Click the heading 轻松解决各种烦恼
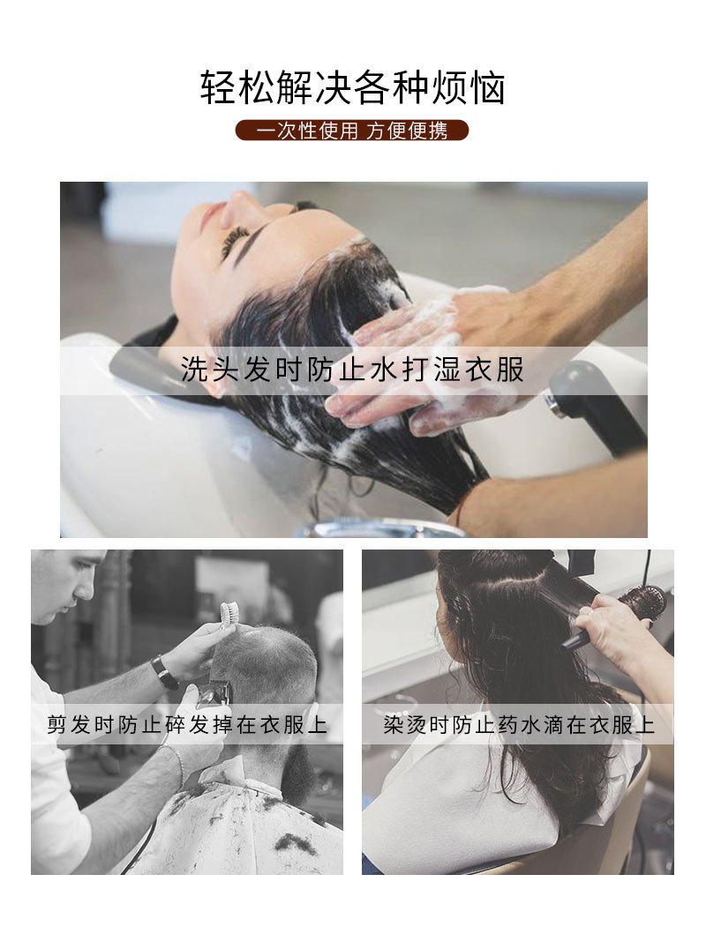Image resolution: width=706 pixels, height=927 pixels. tap(352, 89)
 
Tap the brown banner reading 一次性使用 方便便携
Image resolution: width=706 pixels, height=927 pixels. tap(352, 131)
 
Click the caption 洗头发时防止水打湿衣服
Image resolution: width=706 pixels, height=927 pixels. tap(352, 370)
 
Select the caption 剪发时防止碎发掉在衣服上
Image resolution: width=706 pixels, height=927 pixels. tap(187, 726)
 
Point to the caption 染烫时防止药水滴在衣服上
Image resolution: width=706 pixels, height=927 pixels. tap(519, 726)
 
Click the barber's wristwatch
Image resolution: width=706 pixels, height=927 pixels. tap(164, 672)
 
